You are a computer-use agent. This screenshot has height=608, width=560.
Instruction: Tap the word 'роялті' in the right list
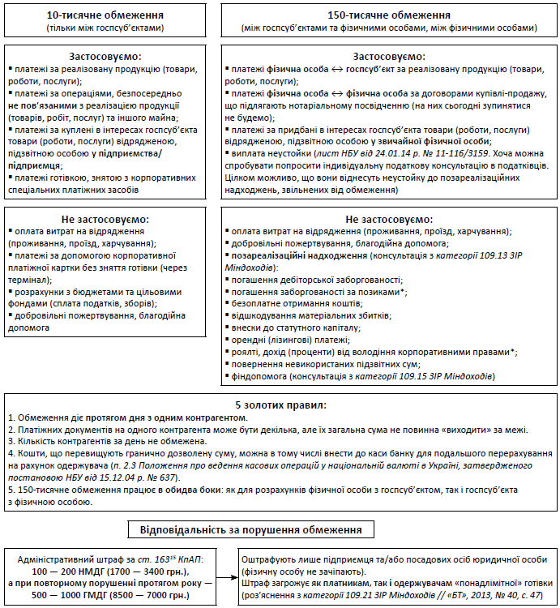244,351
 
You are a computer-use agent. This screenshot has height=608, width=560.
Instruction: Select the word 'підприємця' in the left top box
33,165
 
